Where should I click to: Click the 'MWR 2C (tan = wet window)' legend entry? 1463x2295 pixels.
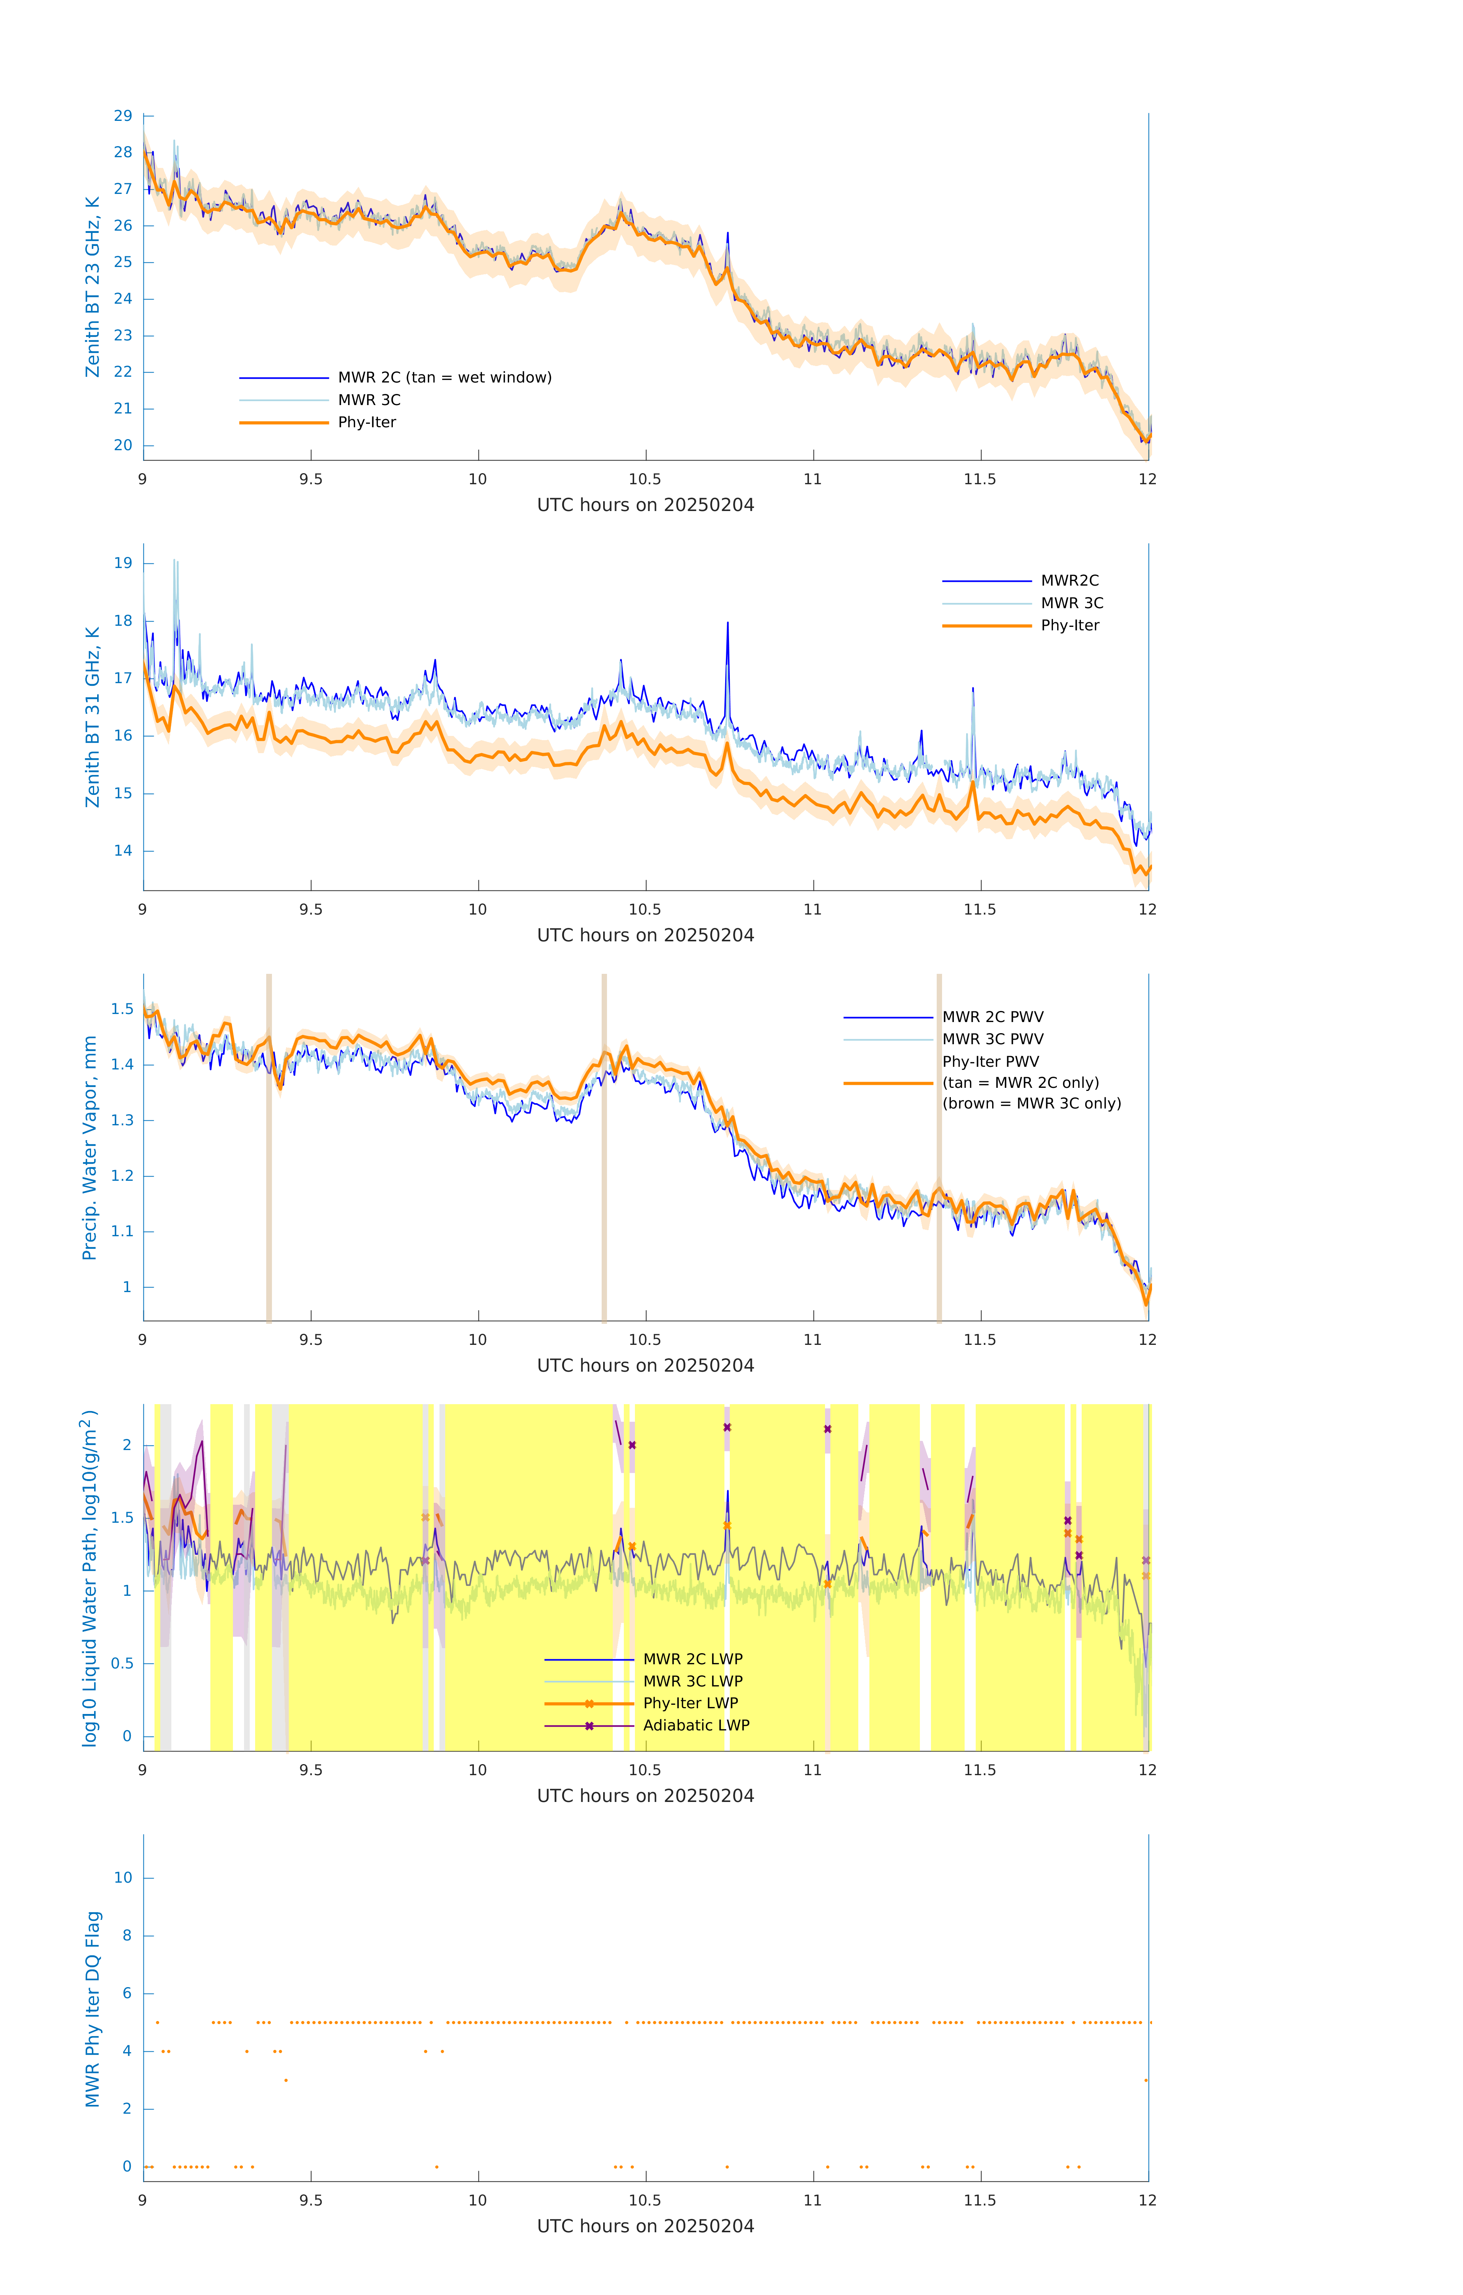click(444, 378)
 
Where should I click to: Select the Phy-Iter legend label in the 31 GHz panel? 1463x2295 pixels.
click(1069, 625)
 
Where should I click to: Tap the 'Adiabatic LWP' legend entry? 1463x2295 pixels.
click(696, 1725)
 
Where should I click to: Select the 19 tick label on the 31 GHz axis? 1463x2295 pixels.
click(123, 563)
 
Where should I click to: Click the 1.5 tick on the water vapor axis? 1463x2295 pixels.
click(122, 1009)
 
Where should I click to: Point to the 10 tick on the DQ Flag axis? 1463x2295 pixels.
click(123, 1878)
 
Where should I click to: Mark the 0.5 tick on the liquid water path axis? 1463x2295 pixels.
click(122, 1663)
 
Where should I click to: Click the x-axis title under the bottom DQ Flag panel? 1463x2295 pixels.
click(645, 2227)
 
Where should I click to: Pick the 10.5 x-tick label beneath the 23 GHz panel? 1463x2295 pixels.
click(645, 479)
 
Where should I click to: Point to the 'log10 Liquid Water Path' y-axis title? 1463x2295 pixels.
click(90, 1577)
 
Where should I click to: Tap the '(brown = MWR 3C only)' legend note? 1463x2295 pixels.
click(1031, 1104)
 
